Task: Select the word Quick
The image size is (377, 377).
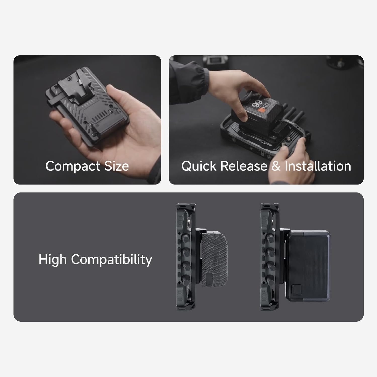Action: pos(199,166)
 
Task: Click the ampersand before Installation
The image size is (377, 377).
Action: pos(276,166)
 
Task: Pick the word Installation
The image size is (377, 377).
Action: pos(318,166)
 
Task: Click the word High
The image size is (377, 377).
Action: pos(53,259)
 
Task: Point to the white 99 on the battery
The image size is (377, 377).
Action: pos(256,103)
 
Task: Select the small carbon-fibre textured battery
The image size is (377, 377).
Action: pos(215,259)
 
